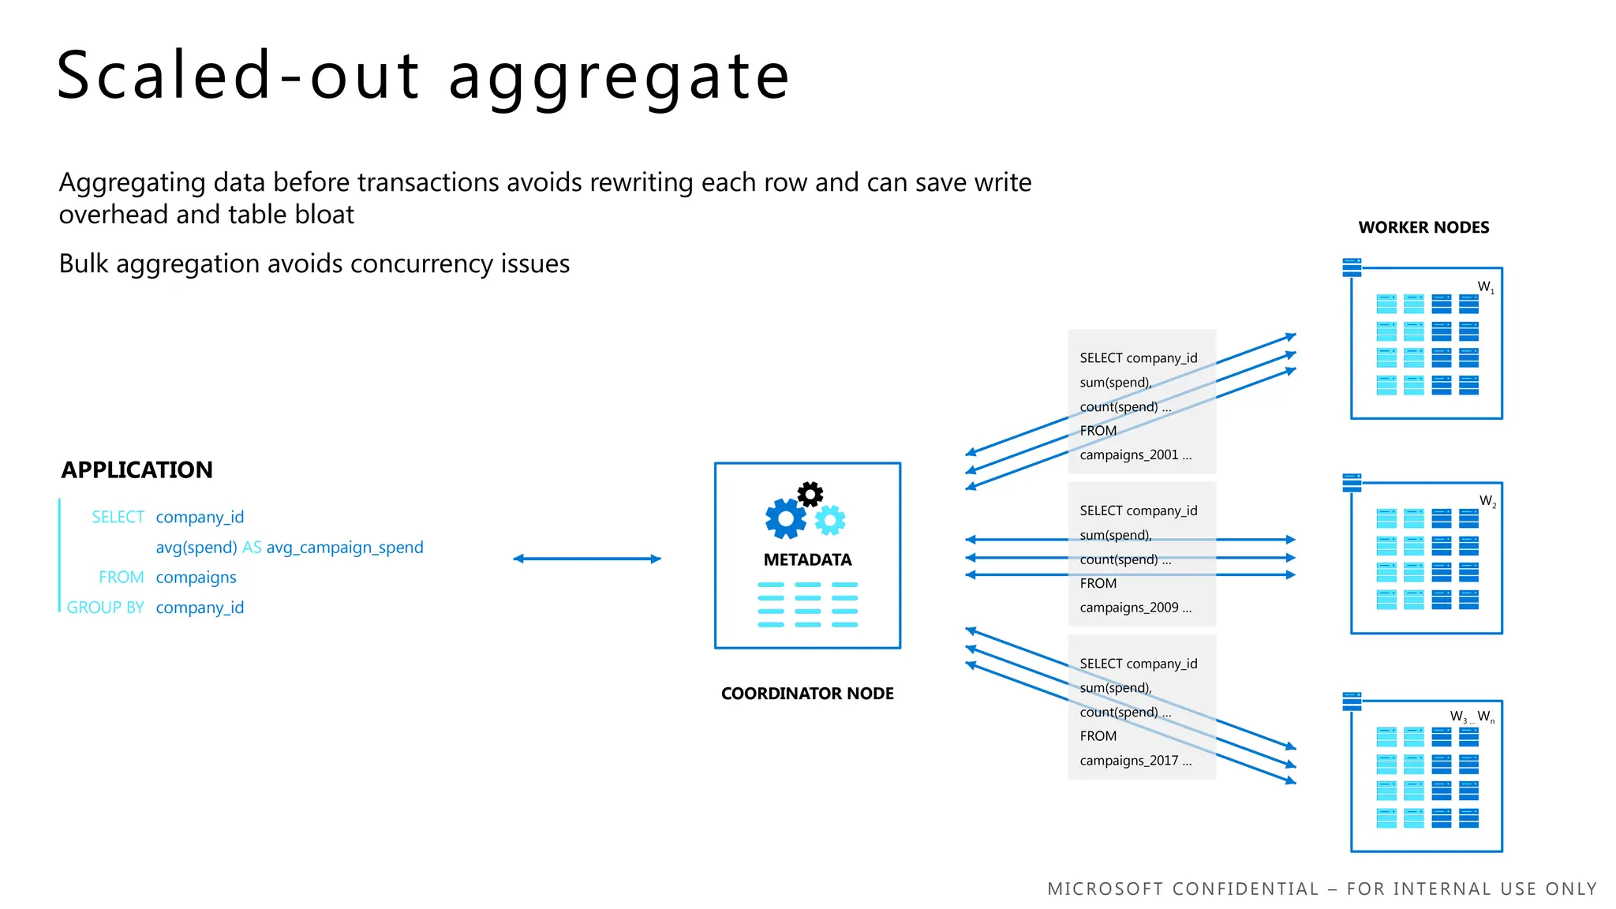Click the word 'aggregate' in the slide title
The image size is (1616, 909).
point(619,77)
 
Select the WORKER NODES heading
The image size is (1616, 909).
point(1423,227)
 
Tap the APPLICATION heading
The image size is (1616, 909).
point(137,469)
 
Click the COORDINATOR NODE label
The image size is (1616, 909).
point(807,694)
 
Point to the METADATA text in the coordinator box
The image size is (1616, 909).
point(807,559)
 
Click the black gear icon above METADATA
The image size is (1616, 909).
point(810,494)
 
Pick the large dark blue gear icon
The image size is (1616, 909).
point(785,519)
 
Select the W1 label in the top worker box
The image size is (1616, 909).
point(1486,287)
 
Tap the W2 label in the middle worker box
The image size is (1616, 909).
point(1487,501)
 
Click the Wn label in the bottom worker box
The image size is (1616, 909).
point(1486,716)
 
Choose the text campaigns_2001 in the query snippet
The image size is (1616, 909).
point(1129,455)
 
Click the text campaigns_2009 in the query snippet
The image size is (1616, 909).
point(1129,608)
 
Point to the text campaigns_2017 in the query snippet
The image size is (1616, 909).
point(1129,761)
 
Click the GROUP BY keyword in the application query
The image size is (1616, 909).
point(105,608)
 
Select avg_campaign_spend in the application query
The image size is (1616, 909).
point(345,548)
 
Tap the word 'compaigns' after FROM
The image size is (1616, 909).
point(196,578)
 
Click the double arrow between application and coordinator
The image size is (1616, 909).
point(586,559)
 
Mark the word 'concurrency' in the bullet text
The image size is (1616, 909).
point(424,264)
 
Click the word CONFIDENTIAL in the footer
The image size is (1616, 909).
point(1245,889)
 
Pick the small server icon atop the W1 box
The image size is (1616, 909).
point(1352,267)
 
